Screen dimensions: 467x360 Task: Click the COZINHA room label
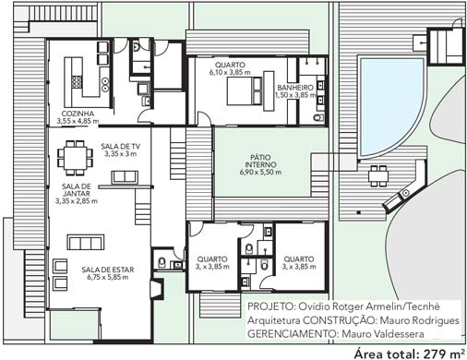point(78,114)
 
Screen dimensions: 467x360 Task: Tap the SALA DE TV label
point(120,147)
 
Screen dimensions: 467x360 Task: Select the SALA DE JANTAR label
point(77,190)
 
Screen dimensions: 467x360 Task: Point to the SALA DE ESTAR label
point(108,270)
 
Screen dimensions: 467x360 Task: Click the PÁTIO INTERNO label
point(260,161)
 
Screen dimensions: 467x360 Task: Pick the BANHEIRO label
point(295,88)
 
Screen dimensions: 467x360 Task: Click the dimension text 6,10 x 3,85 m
point(230,73)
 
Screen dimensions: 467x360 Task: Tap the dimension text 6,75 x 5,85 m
point(108,278)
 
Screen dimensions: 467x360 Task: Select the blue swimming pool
point(390,102)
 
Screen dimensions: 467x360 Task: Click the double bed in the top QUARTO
point(245,91)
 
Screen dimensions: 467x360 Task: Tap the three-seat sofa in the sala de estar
point(86,243)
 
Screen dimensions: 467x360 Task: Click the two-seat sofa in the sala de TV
point(125,177)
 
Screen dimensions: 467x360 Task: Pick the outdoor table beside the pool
point(378,176)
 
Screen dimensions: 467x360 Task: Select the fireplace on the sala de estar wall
point(156,289)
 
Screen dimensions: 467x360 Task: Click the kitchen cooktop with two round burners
point(105,84)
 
